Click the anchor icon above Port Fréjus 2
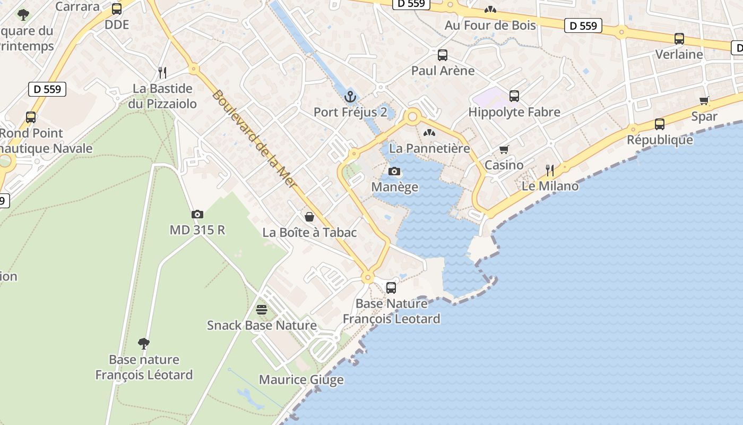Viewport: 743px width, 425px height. tap(350, 97)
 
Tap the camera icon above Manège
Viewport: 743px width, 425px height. tap(394, 171)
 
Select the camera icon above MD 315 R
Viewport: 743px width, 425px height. tap(197, 214)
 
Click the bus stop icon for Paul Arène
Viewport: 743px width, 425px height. tap(443, 55)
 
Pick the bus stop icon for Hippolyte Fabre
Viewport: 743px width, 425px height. tap(514, 96)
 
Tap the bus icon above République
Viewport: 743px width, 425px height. tap(660, 124)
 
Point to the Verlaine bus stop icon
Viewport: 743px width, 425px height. tap(679, 38)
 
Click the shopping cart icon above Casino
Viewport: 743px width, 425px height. tap(504, 149)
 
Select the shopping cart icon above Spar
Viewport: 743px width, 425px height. tap(704, 100)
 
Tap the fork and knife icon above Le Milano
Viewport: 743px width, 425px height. tap(550, 170)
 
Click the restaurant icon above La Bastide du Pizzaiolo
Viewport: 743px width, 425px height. tap(162, 72)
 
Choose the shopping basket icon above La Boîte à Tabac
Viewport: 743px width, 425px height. tap(309, 217)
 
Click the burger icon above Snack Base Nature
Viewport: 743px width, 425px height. tap(261, 309)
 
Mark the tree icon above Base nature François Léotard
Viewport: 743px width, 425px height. tap(143, 343)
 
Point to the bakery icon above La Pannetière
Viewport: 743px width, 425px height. tap(429, 132)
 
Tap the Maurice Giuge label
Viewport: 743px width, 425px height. tap(301, 380)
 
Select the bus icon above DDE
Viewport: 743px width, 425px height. tap(117, 9)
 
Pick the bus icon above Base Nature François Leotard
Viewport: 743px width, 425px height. tap(391, 287)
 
